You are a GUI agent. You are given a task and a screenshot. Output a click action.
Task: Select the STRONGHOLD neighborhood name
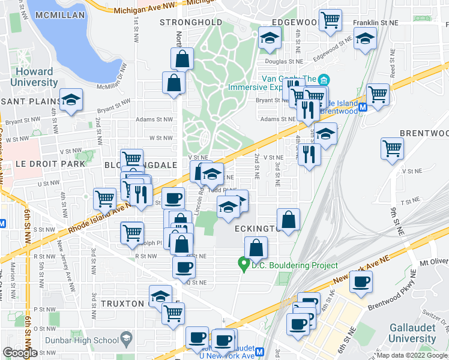[x=191, y=22]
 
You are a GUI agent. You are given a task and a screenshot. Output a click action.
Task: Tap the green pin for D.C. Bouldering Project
[x=244, y=263]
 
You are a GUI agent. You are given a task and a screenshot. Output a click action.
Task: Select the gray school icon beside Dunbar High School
[x=126, y=339]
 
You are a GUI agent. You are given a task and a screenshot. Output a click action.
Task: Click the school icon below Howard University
[x=71, y=100]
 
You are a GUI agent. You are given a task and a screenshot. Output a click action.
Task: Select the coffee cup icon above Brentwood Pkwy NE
[x=361, y=283]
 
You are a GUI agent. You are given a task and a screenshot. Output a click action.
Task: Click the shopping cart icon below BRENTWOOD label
[x=392, y=148]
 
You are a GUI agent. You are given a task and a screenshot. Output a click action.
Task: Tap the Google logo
[x=20, y=353]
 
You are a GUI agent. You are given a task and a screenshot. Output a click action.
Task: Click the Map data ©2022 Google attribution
[x=411, y=355]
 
